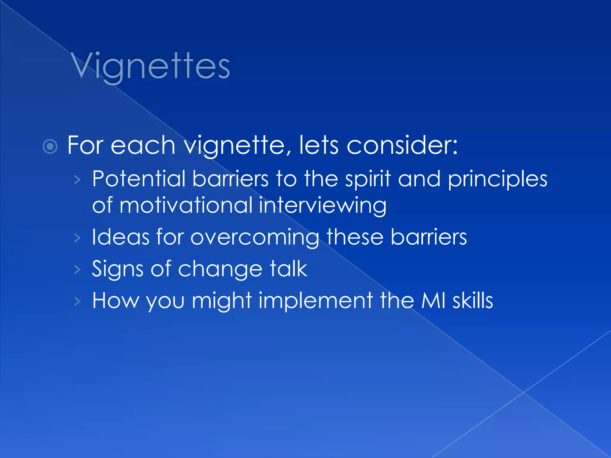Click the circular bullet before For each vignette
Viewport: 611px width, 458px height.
[50, 146]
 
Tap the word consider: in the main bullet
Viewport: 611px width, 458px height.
[402, 146]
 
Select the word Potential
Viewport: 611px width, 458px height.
[139, 179]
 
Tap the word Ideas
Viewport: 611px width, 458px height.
[121, 237]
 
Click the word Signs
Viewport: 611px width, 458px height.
[118, 269]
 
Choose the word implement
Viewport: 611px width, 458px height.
[316, 301]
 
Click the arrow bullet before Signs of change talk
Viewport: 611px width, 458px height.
[78, 270]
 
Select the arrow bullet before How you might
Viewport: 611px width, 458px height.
[78, 301]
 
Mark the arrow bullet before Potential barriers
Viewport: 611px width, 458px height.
[78, 180]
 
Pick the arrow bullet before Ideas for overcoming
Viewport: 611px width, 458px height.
[78, 238]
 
